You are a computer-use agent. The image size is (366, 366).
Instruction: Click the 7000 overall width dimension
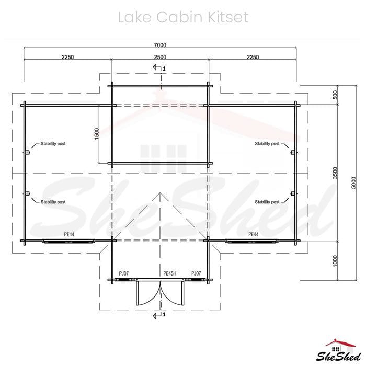pos(160,45)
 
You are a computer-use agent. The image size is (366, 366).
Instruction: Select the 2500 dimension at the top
pos(160,57)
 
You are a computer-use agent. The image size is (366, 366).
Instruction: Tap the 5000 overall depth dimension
pos(354,183)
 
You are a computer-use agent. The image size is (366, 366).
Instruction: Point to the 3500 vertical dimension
pos(335,173)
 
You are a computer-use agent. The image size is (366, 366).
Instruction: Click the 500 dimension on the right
pos(335,95)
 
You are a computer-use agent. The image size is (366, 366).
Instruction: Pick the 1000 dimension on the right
pos(335,261)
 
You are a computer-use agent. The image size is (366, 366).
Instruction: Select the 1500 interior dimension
pos(97,134)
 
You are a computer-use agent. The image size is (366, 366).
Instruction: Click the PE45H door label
pos(170,273)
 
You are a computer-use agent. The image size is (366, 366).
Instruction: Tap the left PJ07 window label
pos(124,273)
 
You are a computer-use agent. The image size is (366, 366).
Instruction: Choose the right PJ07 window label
pos(196,273)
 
